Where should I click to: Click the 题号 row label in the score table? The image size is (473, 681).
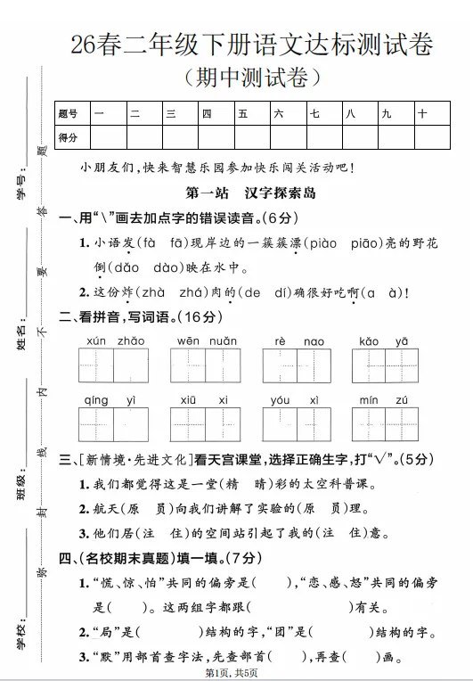click(68, 114)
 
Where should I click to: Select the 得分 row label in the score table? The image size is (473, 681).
click(68, 137)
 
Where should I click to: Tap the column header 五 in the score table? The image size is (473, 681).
click(241, 114)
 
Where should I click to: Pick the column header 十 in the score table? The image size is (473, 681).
click(422, 114)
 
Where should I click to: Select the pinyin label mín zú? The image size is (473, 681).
click(384, 400)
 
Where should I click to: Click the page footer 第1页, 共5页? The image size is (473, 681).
click(236, 672)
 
